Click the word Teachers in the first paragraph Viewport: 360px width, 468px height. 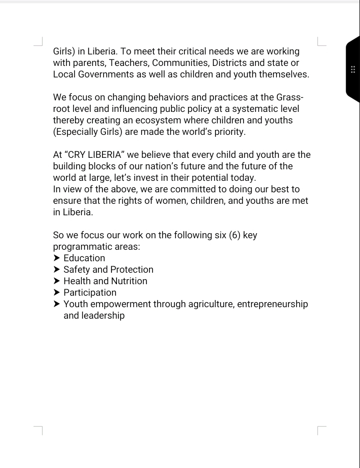128,63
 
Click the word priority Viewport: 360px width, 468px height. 229,132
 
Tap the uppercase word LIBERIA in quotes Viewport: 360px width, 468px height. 102,155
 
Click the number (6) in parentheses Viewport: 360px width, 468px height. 234,235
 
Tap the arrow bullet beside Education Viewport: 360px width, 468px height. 56,258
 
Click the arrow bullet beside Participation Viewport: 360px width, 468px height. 56,293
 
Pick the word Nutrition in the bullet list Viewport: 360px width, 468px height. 128,281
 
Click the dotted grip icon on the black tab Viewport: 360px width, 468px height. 353,69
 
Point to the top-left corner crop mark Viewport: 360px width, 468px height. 39,41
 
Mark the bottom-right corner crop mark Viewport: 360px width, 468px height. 321,430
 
